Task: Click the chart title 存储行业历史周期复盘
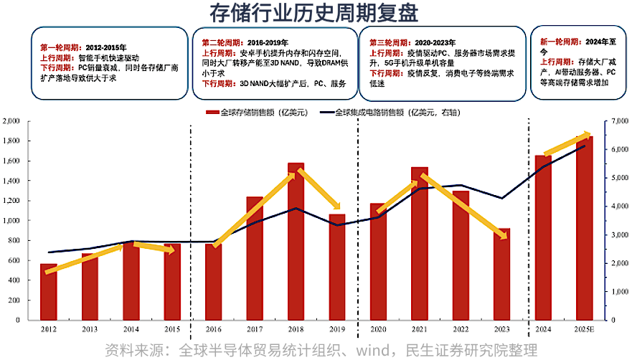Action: (316, 13)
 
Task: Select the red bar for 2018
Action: (296, 244)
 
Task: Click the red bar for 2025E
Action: (585, 237)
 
